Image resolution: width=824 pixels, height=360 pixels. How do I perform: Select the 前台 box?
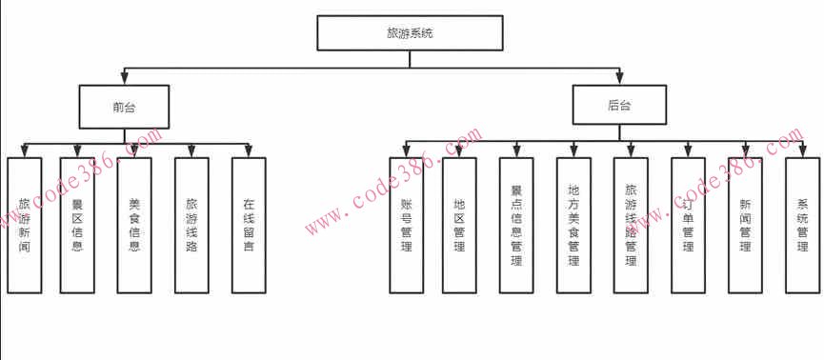coord(124,107)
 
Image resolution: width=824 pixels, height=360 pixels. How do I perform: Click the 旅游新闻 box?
coord(24,225)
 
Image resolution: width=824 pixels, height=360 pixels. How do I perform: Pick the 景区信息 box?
coord(77,225)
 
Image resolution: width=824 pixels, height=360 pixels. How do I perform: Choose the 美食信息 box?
coord(134,225)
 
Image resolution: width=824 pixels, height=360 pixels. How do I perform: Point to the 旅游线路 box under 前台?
coord(191,225)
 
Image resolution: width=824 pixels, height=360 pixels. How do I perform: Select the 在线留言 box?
coord(249,225)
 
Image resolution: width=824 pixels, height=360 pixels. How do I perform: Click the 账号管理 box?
coord(407,225)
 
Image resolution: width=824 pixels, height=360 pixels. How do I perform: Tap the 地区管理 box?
coord(459,225)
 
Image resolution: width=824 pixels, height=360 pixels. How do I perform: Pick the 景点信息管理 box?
coord(516,225)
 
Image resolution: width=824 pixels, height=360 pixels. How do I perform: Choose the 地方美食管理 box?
coord(573,225)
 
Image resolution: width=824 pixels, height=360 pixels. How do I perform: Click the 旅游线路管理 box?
coord(631,225)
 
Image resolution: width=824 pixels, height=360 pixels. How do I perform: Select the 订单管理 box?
coord(688,225)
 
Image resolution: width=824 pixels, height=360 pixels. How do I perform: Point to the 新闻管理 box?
coord(745,225)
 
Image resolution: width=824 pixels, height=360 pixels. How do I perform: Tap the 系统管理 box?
coord(802,225)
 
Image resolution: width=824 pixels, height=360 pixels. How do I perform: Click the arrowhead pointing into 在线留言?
coord(249,152)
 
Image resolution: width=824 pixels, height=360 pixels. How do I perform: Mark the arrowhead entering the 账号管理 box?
coord(407,152)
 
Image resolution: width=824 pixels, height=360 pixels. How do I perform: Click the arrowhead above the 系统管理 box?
coord(802,152)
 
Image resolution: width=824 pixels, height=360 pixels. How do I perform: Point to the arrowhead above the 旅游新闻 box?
coord(24,152)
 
